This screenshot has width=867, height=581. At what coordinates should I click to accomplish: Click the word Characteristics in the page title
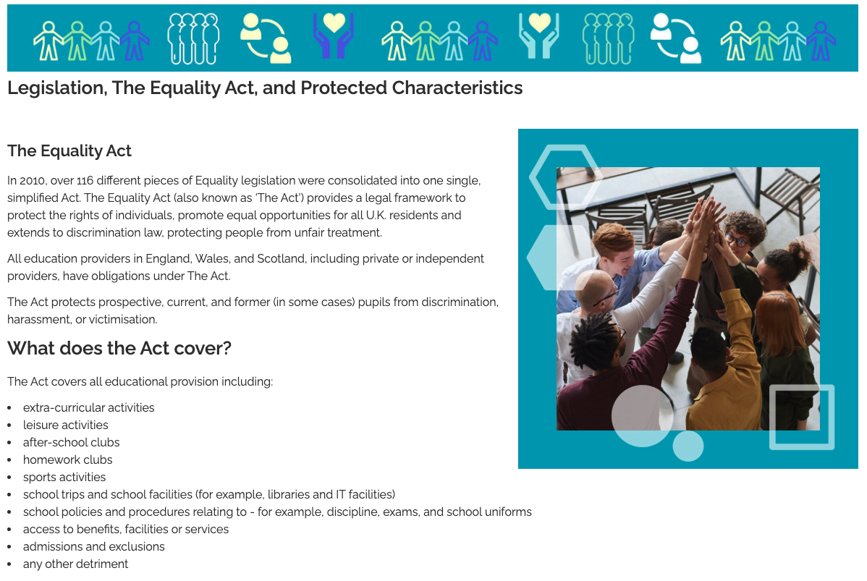point(457,88)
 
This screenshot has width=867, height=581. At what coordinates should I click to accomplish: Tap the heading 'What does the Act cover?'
point(119,348)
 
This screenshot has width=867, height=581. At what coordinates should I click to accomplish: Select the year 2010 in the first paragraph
point(32,181)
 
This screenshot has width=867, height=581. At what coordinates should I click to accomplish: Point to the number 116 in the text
point(85,181)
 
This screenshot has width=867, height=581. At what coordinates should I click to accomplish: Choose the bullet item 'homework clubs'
point(67,460)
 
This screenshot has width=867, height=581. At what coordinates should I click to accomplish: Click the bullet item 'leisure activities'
point(65,425)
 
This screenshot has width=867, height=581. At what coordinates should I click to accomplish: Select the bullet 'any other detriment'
point(75,564)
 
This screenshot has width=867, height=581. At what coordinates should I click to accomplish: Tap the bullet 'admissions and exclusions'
point(93,547)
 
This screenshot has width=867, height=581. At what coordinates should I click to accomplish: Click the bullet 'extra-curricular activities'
point(88,408)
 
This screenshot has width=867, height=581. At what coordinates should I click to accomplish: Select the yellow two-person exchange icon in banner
point(266,38)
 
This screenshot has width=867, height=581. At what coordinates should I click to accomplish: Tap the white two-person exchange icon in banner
point(676,38)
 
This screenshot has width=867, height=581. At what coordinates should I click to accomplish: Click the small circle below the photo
point(688,446)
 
